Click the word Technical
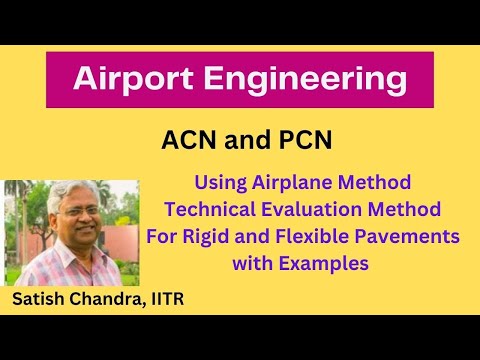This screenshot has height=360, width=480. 214,211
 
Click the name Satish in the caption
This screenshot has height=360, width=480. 41,299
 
